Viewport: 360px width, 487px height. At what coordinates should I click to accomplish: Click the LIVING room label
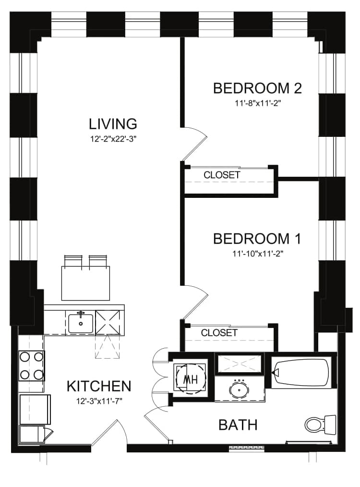[x=113, y=124]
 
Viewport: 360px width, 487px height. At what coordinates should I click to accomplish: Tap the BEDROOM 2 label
[x=257, y=88]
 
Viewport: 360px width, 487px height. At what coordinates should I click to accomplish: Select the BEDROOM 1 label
[x=257, y=239]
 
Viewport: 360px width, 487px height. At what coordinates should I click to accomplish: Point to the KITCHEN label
[x=99, y=386]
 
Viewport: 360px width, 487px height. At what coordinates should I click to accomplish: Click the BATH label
[x=238, y=425]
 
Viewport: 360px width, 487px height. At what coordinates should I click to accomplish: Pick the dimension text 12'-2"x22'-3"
[x=113, y=139]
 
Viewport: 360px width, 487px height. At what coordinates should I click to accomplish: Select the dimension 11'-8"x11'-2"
[x=258, y=103]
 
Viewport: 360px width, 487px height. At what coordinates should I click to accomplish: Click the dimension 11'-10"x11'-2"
[x=258, y=254]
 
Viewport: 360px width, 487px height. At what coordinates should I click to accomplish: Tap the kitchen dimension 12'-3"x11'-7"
[x=99, y=402]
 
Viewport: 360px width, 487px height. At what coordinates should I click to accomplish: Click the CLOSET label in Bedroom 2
[x=222, y=175]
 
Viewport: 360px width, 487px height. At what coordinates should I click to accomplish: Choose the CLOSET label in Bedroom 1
[x=219, y=333]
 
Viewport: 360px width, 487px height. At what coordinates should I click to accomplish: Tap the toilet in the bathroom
[x=320, y=424]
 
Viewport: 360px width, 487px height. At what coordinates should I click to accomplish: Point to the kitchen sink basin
[x=80, y=324]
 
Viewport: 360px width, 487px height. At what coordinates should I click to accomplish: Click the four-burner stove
[x=32, y=366]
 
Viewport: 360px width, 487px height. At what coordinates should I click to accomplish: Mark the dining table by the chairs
[x=85, y=283]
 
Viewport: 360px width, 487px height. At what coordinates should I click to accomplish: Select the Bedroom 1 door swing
[x=194, y=302]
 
